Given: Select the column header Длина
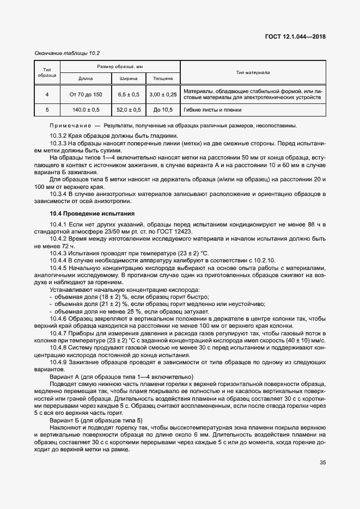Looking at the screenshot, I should tap(86, 78).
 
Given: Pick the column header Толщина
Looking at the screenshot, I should tap(163, 78).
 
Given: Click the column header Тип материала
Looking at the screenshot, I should tap(253, 72).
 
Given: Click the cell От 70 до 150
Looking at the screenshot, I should tap(86, 95).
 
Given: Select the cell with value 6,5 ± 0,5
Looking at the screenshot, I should tap(129, 95).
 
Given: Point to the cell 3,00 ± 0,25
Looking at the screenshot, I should tap(163, 95).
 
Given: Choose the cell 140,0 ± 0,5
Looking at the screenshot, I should tap(86, 110).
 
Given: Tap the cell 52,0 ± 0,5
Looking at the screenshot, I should tap(129, 110).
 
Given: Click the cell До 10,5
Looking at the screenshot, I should tap(163, 110).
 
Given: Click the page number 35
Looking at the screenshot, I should tap(322, 463).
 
